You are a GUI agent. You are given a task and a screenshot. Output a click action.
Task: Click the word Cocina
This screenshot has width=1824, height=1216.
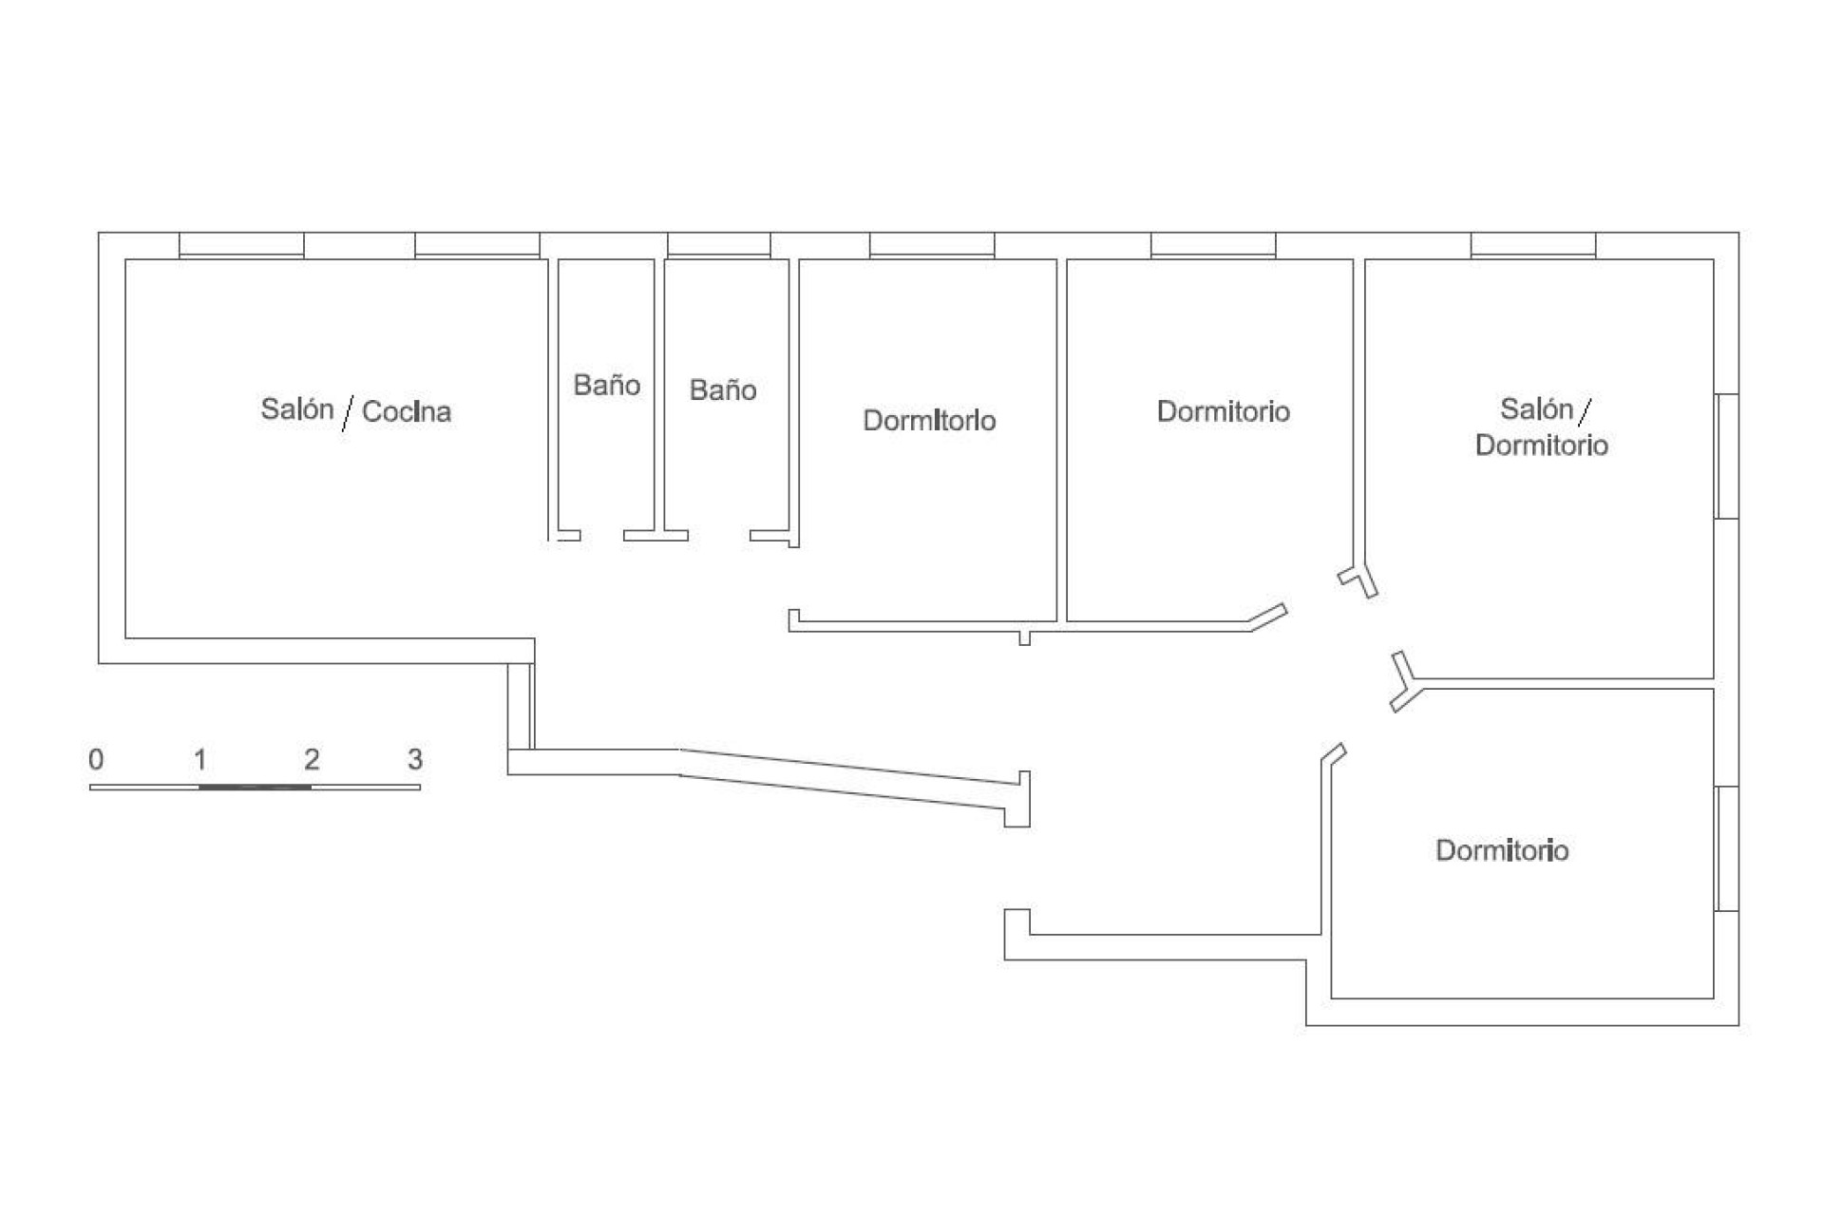(x=407, y=411)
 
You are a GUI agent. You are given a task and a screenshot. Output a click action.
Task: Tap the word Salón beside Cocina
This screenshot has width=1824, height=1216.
(x=297, y=408)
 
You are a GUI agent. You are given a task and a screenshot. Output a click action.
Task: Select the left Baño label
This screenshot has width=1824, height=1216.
(x=607, y=385)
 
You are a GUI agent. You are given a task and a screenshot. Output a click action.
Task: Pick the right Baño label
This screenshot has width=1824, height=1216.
(x=723, y=389)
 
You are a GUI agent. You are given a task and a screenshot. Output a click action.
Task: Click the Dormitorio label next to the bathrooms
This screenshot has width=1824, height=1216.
(x=929, y=420)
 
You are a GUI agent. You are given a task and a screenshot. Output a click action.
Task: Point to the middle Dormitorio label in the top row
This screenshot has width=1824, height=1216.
(x=1224, y=411)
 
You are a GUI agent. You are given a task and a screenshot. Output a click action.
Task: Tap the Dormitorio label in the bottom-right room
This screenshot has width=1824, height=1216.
(x=1502, y=850)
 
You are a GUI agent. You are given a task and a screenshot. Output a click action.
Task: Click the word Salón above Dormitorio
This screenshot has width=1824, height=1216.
(x=1537, y=408)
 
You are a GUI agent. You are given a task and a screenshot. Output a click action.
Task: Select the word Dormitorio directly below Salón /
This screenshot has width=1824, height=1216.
(x=1542, y=446)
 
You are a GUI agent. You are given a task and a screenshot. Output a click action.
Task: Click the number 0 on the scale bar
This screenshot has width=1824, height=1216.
(x=96, y=759)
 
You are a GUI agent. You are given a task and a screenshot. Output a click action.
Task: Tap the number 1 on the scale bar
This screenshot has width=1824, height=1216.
(x=200, y=759)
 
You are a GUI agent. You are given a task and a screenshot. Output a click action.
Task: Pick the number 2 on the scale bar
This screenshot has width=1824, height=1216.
(x=312, y=759)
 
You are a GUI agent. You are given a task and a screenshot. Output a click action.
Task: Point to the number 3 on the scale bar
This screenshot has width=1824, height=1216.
(x=415, y=759)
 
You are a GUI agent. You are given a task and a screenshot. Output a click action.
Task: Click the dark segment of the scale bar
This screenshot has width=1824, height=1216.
(x=256, y=787)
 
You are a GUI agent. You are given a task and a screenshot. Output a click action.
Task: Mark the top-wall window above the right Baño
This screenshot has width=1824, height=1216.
(x=719, y=245)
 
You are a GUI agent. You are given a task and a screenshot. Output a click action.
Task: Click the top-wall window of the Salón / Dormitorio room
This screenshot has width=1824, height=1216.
(x=1533, y=245)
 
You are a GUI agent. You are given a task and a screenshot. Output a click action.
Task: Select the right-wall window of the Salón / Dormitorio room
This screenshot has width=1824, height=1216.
(x=1727, y=456)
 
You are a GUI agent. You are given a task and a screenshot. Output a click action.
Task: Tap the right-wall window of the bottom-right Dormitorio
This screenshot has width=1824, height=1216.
(x=1727, y=848)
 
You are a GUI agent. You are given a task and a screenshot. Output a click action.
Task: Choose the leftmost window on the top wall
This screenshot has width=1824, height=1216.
(x=241, y=245)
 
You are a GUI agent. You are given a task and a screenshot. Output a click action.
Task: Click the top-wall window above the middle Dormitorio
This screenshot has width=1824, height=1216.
(x=1213, y=245)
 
